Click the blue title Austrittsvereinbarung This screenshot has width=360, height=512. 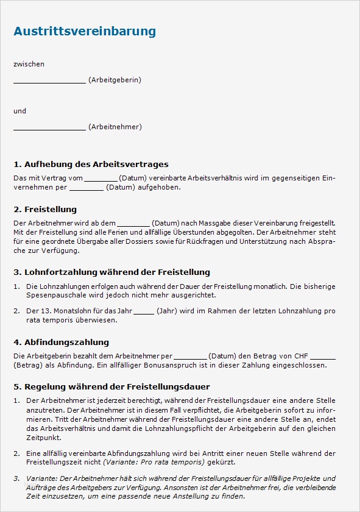(x=85, y=31)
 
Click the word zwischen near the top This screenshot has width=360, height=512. (x=29, y=64)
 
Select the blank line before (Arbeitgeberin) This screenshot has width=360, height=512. (x=49, y=81)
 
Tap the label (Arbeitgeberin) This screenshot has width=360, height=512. (x=115, y=80)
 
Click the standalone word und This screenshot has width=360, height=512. (x=19, y=111)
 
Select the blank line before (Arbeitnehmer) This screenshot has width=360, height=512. (x=49, y=128)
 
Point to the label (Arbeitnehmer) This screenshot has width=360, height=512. (x=115, y=127)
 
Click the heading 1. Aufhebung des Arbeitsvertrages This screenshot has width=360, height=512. (x=91, y=165)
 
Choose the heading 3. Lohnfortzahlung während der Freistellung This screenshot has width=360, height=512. (x=111, y=272)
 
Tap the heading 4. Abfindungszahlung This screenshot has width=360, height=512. (x=61, y=343)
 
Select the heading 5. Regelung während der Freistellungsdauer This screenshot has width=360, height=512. (x=111, y=387)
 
